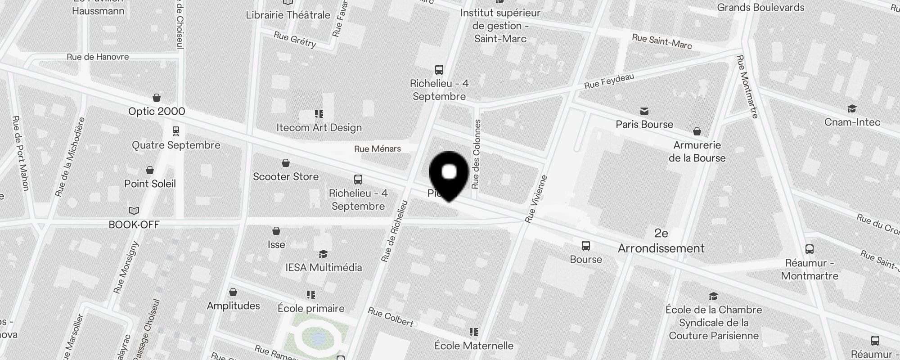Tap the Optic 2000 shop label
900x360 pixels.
coord(157,111)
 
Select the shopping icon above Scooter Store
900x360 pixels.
coord(286,163)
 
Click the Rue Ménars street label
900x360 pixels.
coord(378,149)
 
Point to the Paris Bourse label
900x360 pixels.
coord(644,124)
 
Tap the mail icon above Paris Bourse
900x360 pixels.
coord(644,111)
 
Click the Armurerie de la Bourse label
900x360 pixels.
coord(697,151)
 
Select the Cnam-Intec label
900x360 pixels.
coord(852,122)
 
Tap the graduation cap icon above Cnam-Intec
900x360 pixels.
coord(852,109)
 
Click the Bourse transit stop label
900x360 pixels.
coord(586,259)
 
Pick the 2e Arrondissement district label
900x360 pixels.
coord(661,241)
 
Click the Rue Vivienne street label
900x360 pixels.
coord(536,198)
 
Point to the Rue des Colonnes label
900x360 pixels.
coord(476,154)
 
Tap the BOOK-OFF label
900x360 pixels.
coord(134,225)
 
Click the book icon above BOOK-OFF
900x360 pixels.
coord(134,211)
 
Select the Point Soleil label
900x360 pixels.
coord(150,184)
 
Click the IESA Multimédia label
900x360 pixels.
coord(324,267)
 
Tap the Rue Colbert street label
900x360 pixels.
coord(391,316)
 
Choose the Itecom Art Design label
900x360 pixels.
coord(319,127)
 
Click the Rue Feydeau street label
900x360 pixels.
coord(609,81)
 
